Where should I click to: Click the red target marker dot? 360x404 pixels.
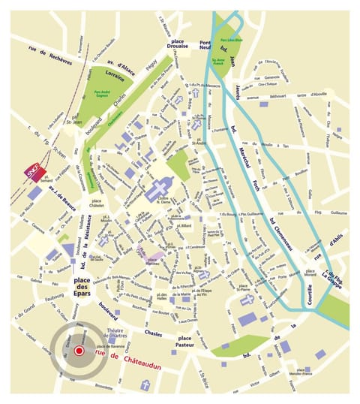coord(79,350)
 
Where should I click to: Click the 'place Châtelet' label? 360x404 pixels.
coord(96,204)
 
